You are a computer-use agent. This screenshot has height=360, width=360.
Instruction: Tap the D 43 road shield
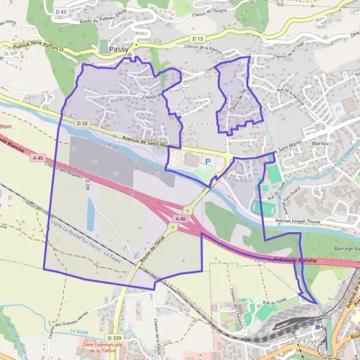[61, 11]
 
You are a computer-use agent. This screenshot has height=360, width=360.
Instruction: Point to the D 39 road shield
[82, 124]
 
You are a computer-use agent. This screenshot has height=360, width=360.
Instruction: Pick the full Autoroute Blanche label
[295, 260]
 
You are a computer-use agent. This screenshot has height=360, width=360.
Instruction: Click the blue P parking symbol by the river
[208, 161]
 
